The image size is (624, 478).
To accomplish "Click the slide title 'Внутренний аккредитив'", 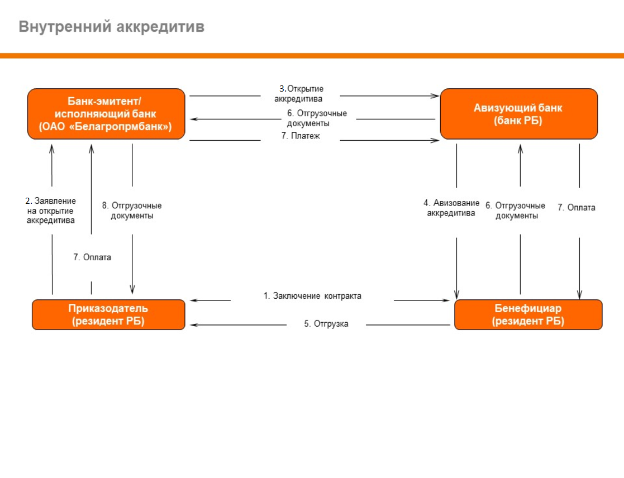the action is (x=111, y=27).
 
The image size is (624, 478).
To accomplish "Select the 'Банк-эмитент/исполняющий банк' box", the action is (x=106, y=114).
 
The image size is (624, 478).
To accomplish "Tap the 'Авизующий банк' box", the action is (x=519, y=114).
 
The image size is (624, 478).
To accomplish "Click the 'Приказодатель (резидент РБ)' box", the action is (x=108, y=314).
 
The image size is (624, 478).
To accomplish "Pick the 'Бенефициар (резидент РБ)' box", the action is (x=528, y=314).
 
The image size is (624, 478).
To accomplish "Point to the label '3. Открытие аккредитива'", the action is (x=299, y=94).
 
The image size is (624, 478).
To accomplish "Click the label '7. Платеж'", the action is (x=301, y=136).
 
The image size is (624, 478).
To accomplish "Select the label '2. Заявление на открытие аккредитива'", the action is (x=50, y=211).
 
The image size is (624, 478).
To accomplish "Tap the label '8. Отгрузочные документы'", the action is (x=132, y=211).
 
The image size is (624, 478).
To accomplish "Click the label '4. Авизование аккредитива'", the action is (x=451, y=208).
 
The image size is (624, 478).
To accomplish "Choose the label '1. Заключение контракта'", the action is (x=312, y=296).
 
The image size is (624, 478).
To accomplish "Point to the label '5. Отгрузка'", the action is (x=326, y=324).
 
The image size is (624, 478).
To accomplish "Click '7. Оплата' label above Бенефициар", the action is (x=577, y=208).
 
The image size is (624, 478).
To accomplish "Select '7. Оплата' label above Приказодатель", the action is (x=92, y=257).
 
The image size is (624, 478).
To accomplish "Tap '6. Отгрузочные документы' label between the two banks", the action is (x=317, y=118).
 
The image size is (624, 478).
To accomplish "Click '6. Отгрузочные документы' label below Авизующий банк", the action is (x=516, y=211).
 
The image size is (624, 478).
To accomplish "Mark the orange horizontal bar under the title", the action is (x=312, y=56).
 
